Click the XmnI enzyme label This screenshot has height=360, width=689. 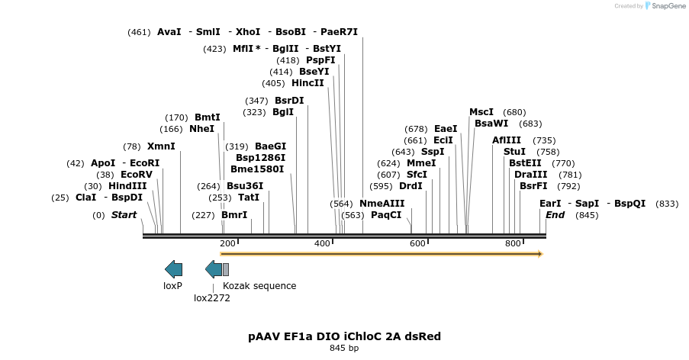161,146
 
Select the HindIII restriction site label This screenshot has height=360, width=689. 127,185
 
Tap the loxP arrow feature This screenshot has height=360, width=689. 174,268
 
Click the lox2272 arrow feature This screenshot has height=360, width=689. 214,268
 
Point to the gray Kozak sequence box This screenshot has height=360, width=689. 226,268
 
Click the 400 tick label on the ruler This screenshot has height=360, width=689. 322,243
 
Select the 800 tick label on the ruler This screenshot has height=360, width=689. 513,243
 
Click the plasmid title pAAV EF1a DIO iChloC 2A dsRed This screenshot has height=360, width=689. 344,336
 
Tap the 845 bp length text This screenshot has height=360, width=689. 344,348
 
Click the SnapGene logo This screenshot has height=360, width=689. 665,6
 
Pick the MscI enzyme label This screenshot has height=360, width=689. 481,111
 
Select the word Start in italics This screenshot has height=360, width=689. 124,215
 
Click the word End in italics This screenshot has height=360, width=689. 555,215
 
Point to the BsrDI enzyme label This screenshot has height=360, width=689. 289,101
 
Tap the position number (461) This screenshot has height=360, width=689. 139,32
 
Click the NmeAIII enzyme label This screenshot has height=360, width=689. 382,204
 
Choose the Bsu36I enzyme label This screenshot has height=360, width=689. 245,185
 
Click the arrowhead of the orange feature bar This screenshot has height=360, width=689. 539,253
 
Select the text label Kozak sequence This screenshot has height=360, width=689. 259,286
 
